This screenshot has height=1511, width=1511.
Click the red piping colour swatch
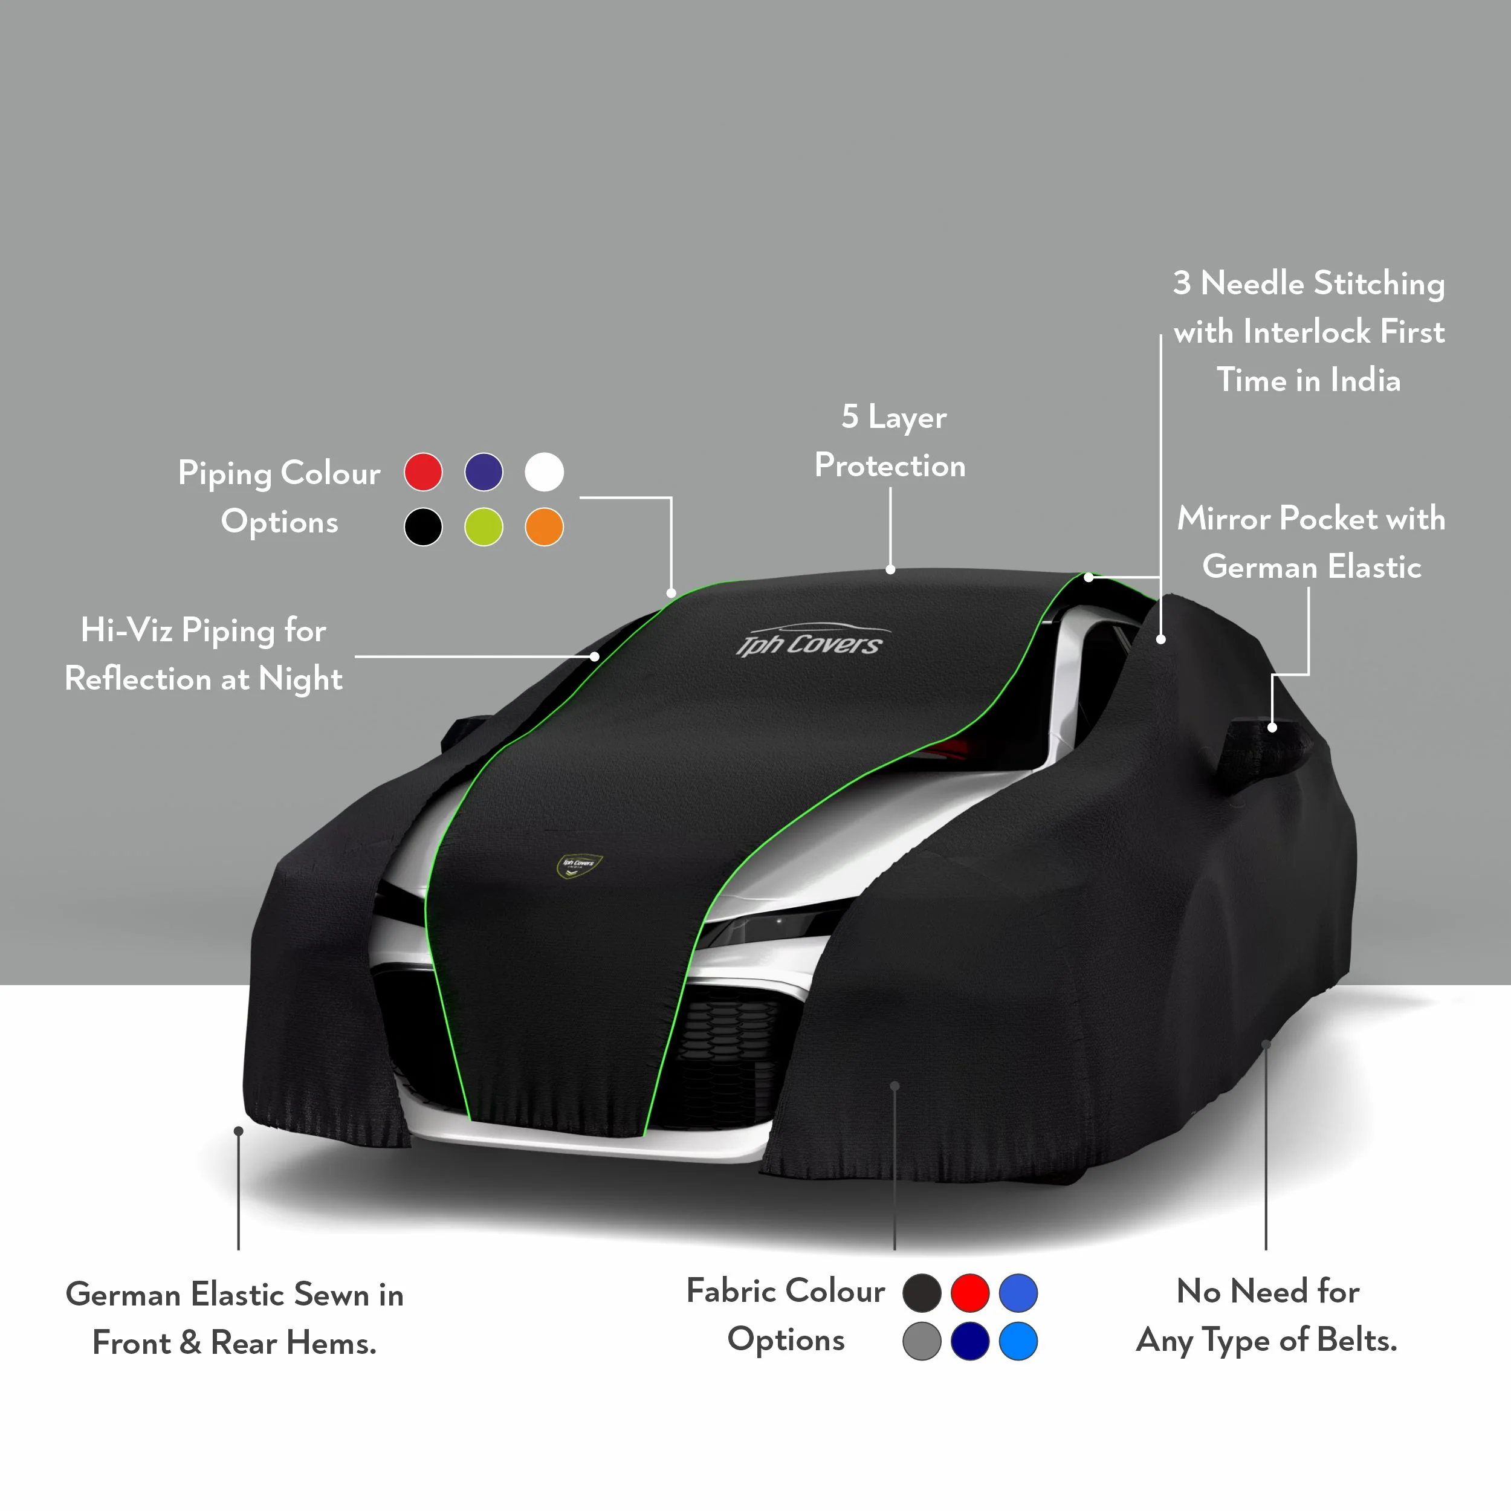tap(423, 473)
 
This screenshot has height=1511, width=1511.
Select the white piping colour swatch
tap(545, 473)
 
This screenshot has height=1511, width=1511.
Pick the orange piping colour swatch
tap(545, 526)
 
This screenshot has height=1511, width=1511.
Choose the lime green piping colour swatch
tap(484, 526)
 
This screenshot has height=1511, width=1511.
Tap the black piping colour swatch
tap(423, 526)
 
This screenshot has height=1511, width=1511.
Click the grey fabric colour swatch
tap(922, 1341)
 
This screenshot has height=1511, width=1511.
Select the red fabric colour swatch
tap(970, 1293)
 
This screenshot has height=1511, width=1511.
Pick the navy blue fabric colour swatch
tap(970, 1341)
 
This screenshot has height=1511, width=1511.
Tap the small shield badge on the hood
tap(579, 865)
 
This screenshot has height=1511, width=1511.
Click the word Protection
tap(890, 465)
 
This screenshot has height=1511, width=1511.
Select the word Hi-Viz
tap(127, 630)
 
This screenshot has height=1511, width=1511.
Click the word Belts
tap(1357, 1340)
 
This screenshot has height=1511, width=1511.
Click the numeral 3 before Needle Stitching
tap(1182, 283)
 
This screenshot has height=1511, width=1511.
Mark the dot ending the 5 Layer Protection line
tap(890, 569)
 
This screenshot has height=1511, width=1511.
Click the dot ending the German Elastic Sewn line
tap(239, 1131)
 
